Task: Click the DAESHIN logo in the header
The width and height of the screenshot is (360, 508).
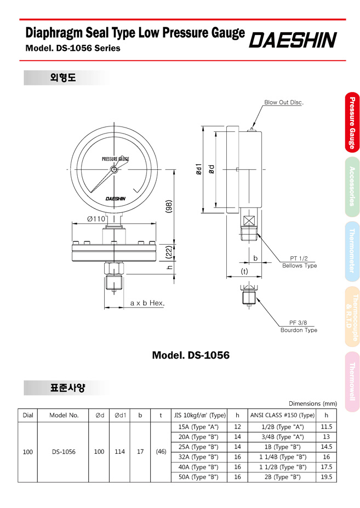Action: pyautogui.click(x=293, y=40)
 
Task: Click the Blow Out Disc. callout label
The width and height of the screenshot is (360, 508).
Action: pyautogui.click(x=284, y=102)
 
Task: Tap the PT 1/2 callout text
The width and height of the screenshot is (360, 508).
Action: pyautogui.click(x=299, y=258)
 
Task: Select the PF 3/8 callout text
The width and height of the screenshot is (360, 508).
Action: pyautogui.click(x=298, y=322)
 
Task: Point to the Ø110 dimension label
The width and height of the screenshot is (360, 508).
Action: pyautogui.click(x=96, y=219)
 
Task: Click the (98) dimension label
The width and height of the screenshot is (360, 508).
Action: pyautogui.click(x=169, y=207)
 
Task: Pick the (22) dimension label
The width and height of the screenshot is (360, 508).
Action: pyautogui.click(x=169, y=252)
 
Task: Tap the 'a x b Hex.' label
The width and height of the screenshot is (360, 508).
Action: pyautogui.click(x=147, y=303)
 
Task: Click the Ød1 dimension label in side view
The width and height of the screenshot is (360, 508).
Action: pyautogui.click(x=199, y=169)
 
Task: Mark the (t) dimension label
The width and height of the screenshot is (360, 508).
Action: pyautogui.click(x=244, y=272)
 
